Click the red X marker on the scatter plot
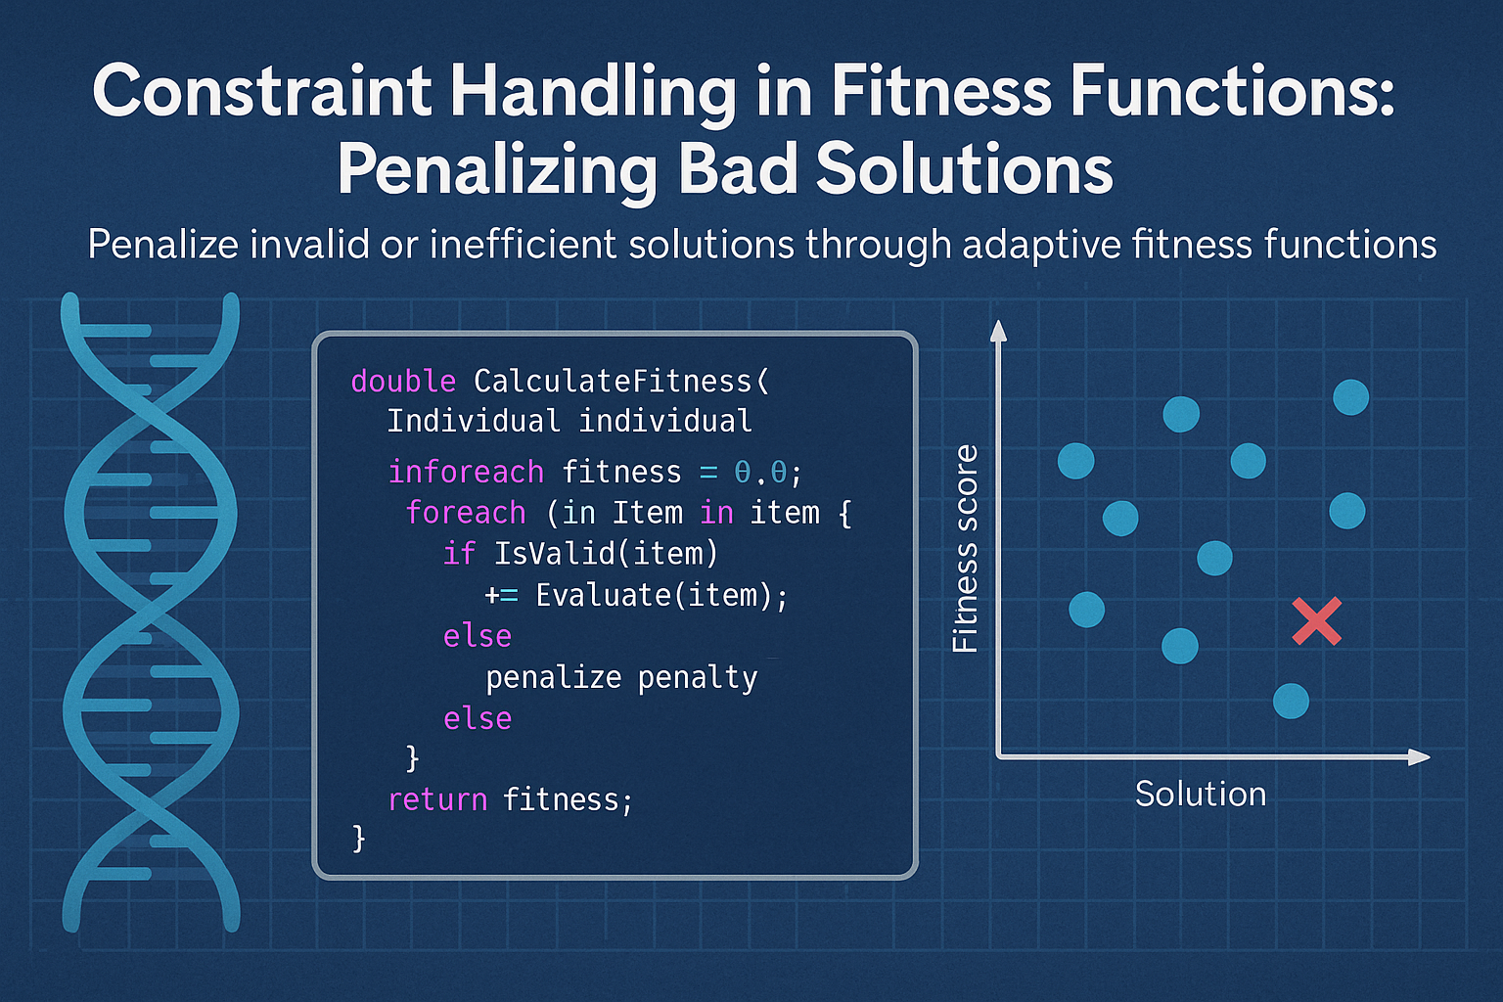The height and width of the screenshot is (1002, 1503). coord(1316,622)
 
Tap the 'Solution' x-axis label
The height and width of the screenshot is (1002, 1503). coord(1201,794)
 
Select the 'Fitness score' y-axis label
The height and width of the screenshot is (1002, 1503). coord(965,549)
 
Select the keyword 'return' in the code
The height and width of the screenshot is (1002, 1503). coord(437,799)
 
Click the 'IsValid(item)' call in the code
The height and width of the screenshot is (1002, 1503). coord(606,554)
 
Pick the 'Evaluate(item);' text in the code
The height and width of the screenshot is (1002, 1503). coord(661,595)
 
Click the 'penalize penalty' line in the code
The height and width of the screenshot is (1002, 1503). coord(621,677)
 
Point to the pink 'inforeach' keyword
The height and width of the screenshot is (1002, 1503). coord(466,472)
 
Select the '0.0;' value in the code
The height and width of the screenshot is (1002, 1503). coord(768,473)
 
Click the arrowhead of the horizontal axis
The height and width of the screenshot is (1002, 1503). coord(1419,756)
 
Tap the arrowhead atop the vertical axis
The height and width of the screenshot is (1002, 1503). coord(998,331)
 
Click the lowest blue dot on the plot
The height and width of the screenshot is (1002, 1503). coord(1291,701)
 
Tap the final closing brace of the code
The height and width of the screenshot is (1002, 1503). coord(359,838)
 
